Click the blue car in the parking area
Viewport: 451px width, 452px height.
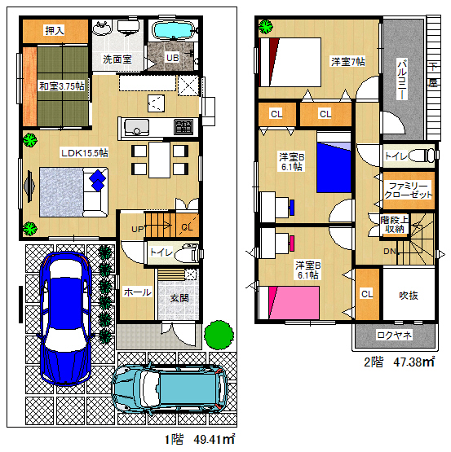66,318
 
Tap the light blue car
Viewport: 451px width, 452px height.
170,389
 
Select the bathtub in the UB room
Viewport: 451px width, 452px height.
174,31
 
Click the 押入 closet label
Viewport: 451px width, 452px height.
55,30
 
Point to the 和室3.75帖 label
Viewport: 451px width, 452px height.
62,86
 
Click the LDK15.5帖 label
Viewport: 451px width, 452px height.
85,152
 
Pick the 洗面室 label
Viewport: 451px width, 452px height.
117,59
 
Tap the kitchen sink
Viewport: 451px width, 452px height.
136,127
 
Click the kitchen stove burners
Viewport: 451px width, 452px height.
183,127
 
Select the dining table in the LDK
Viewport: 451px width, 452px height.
159,160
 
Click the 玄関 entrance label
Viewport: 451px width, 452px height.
179,298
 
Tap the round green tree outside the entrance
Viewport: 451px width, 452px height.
219,335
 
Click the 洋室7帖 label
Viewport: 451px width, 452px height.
348,62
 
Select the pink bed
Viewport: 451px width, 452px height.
294,303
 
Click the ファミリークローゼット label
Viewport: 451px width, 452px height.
409,191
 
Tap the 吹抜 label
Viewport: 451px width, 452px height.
409,295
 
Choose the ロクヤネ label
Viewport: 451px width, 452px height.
395,335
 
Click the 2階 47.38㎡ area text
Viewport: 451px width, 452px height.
400,362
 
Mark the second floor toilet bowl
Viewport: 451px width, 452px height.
420,156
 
